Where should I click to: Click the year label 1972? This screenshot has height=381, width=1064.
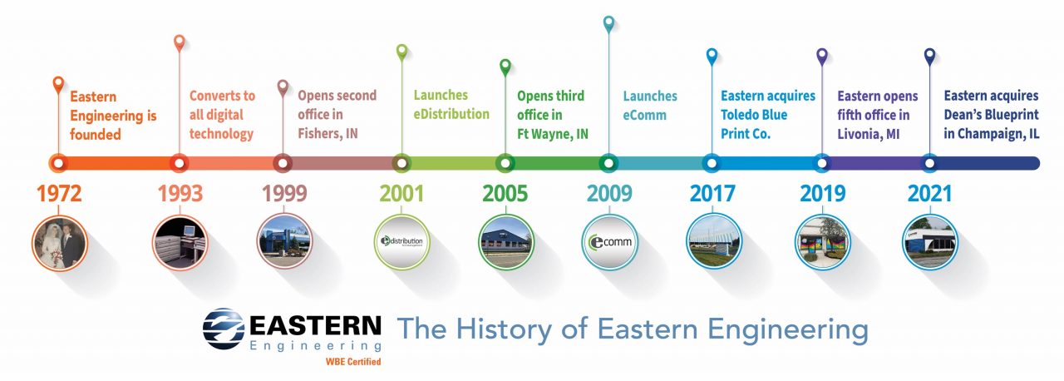pyautogui.click(x=59, y=195)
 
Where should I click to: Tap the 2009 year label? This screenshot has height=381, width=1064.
pyautogui.click(x=609, y=195)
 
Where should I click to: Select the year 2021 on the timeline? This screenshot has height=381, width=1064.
pyautogui.click(x=930, y=195)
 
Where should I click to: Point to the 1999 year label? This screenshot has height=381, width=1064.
pyautogui.click(x=284, y=195)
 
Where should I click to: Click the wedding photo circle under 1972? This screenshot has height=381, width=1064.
pyautogui.click(x=59, y=242)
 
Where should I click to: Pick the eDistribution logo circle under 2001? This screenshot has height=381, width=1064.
pyautogui.click(x=402, y=242)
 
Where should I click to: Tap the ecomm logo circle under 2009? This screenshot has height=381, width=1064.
pyautogui.click(x=608, y=242)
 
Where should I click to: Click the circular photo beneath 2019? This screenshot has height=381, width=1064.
pyautogui.click(x=822, y=242)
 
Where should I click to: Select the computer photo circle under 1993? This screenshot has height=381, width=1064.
pyautogui.click(x=180, y=242)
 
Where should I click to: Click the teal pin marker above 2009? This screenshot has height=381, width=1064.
pyautogui.click(x=609, y=23)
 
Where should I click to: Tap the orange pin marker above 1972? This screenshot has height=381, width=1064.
pyautogui.click(x=58, y=83)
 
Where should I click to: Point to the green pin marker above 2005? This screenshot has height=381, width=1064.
pyautogui.click(x=505, y=66)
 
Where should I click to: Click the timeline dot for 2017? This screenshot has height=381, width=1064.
pyautogui.click(x=711, y=163)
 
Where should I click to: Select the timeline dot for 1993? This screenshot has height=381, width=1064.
pyautogui.click(x=178, y=163)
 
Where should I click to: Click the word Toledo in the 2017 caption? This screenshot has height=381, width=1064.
pyautogui.click(x=741, y=115)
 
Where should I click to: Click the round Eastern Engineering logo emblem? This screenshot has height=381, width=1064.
pyautogui.click(x=224, y=329)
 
